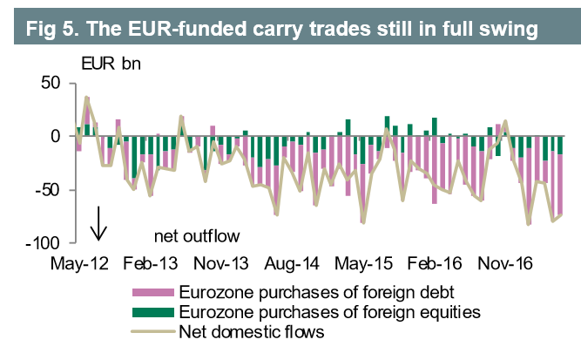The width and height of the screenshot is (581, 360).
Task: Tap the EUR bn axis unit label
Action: click(111, 65)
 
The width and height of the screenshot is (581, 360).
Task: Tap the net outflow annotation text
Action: click(197, 235)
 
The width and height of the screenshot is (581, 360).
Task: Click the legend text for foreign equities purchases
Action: click(328, 311)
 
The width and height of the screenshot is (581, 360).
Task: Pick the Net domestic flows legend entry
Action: click(253, 331)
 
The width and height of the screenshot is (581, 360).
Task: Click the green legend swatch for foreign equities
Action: click(152, 311)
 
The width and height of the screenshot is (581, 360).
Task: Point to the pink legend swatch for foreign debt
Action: click(152, 291)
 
